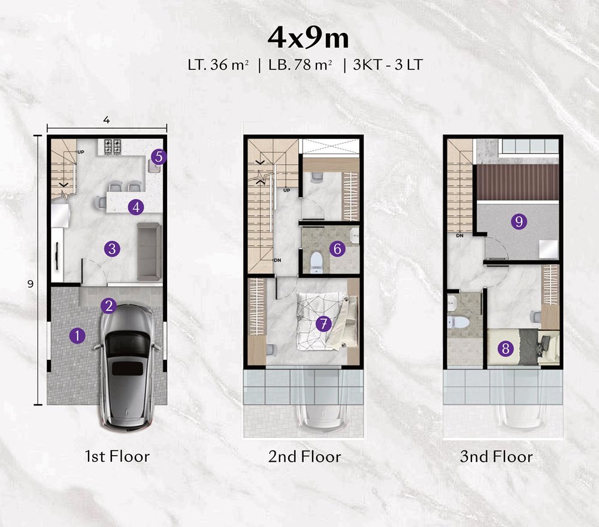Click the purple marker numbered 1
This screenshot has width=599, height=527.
tap(77, 336)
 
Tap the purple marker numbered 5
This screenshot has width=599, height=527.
tap(159, 156)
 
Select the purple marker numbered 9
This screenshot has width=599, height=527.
tap(519, 221)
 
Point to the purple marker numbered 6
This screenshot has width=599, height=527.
tap(337, 249)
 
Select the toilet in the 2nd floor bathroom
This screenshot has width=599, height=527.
tap(316, 262)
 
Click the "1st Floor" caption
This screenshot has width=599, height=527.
tap(117, 456)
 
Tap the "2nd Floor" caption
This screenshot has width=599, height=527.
tap(304, 457)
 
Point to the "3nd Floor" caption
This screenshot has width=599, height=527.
tap(496, 457)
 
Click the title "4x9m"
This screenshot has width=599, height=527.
tap(308, 38)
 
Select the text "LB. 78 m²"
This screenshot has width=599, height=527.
tap(300, 65)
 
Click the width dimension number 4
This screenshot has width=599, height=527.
tap(107, 120)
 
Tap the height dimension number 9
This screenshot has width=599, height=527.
tap(31, 284)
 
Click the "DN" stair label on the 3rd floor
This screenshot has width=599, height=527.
tap(459, 235)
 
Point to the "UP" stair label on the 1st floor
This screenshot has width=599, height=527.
tap(81, 152)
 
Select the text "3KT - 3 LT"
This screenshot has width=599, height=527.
tap(388, 65)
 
